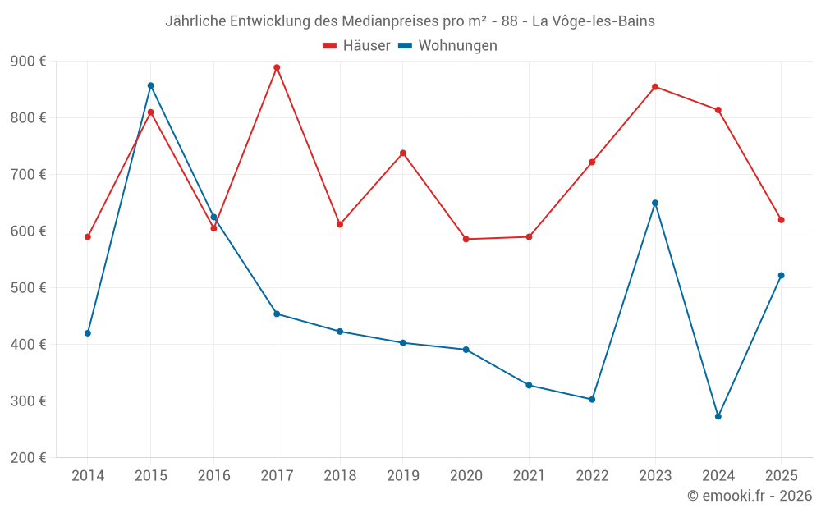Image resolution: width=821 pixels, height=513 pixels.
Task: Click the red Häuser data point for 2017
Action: pyautogui.click(x=277, y=67)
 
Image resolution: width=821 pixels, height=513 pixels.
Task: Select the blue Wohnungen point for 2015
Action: pyautogui.click(x=151, y=85)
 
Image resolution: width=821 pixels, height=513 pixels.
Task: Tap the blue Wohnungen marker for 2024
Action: pyautogui.click(x=718, y=416)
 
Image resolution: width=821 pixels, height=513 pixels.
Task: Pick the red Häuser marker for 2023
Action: pyautogui.click(x=655, y=86)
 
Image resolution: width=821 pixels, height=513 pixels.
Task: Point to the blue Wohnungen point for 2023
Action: pyautogui.click(x=655, y=203)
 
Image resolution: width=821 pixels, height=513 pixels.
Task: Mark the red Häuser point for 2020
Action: pyautogui.click(x=466, y=239)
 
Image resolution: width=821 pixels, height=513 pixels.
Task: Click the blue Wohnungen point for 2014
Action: pyautogui.click(x=88, y=332)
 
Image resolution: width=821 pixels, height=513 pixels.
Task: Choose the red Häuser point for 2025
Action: pyautogui.click(x=781, y=219)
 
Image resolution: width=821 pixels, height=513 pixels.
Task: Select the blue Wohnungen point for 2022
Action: pyautogui.click(x=592, y=399)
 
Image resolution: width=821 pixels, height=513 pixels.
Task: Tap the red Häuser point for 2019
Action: pyautogui.click(x=403, y=153)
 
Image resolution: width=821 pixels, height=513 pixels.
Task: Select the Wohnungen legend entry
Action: pyautogui.click(x=448, y=46)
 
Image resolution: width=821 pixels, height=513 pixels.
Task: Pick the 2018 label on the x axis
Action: pyautogui.click(x=340, y=476)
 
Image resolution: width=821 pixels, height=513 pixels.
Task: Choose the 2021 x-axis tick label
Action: pyautogui.click(x=529, y=476)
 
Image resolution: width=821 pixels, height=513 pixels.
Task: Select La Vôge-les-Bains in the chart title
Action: pyautogui.click(x=594, y=21)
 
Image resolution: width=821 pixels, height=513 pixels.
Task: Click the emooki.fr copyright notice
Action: pyautogui.click(x=750, y=496)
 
